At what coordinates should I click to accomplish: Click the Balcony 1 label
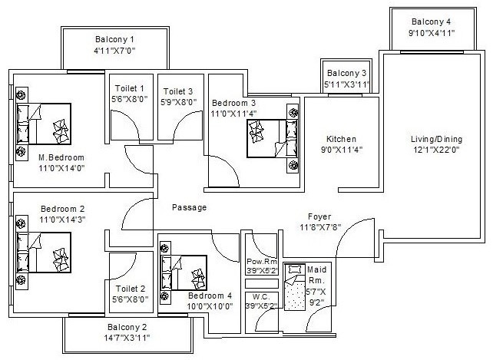(x=114, y=39)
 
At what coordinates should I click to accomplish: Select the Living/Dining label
(x=435, y=138)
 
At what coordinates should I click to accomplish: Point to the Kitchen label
(x=339, y=138)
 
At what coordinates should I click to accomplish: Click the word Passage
(x=189, y=207)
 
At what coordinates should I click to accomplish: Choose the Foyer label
(x=319, y=216)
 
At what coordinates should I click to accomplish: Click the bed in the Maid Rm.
(x=293, y=287)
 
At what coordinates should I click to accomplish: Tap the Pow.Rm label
(x=260, y=262)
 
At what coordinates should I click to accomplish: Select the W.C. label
(x=260, y=296)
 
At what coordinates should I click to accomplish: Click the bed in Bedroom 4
(x=184, y=272)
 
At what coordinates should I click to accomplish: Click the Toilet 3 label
(x=179, y=90)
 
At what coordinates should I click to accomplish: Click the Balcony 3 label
(x=348, y=73)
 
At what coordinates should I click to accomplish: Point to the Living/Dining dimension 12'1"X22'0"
(x=435, y=150)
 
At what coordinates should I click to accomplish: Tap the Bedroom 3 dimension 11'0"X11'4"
(x=235, y=113)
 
